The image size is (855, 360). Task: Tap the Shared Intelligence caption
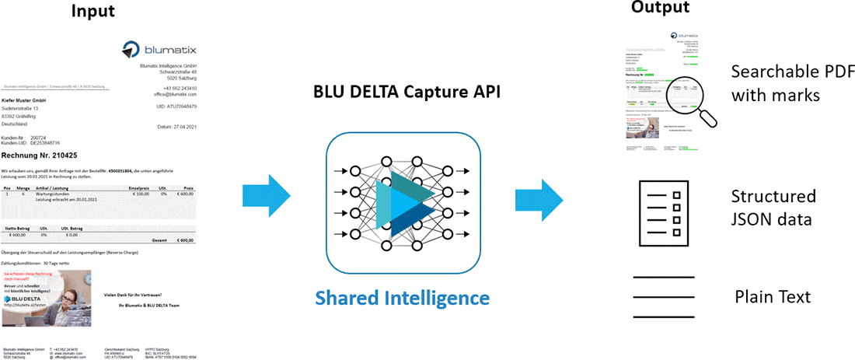pos(402,298)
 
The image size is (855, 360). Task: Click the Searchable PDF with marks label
pos(792,83)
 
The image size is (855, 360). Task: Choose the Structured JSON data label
pos(773,208)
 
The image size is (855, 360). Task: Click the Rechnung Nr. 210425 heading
pos(38,154)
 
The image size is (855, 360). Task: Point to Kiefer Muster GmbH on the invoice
pos(25,100)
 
